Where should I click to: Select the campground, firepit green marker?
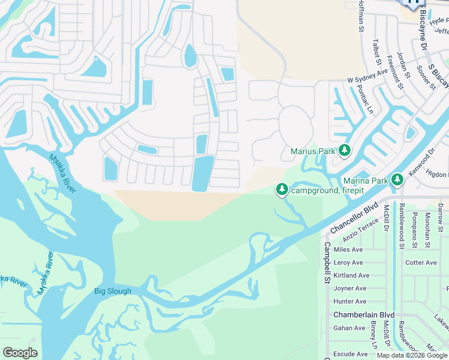282,190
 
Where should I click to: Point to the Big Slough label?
112,292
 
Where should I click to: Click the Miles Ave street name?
348,250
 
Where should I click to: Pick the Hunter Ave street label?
350,302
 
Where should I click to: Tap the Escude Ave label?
350,354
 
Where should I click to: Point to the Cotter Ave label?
421,263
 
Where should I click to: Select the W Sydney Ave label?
367,76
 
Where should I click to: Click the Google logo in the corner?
20,353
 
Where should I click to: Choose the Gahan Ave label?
349,328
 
